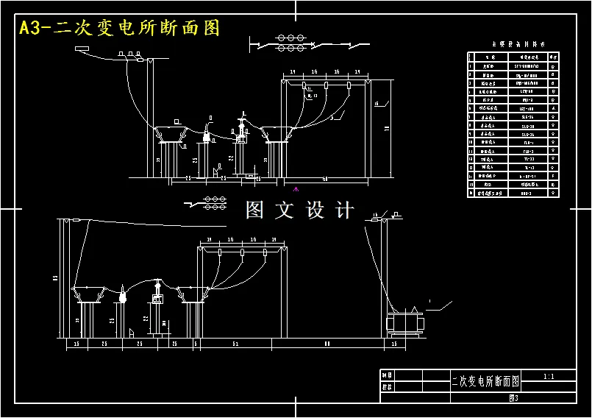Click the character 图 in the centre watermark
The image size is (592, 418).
254,210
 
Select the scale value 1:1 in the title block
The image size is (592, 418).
548,376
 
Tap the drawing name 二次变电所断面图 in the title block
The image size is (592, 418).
485,381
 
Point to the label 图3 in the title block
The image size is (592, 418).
514,398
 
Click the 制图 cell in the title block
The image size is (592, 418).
387,375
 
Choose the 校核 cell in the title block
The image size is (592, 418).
387,386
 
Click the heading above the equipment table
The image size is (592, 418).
513,44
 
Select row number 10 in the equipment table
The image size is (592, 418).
471,142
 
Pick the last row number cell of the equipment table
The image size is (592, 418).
471,194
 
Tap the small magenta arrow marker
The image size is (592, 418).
296,189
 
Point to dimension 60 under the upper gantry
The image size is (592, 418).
325,178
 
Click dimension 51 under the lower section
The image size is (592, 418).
235,344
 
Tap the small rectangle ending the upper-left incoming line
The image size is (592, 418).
81,50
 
